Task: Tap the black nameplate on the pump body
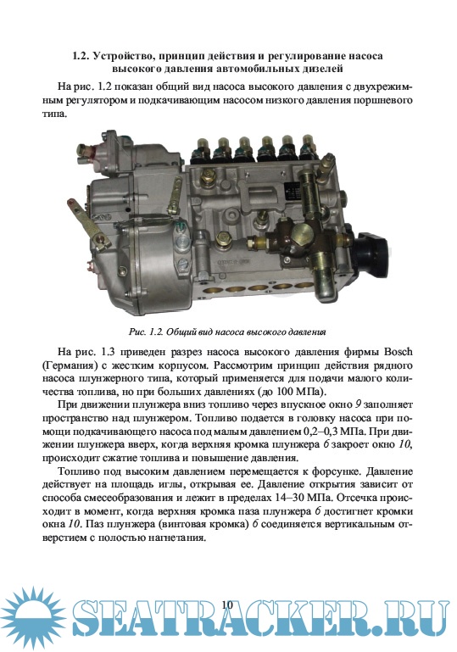293,191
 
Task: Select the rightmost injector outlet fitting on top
309,147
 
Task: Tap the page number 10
227,605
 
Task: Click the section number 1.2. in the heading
81,56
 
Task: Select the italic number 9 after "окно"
358,404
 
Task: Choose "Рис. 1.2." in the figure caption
147,332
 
